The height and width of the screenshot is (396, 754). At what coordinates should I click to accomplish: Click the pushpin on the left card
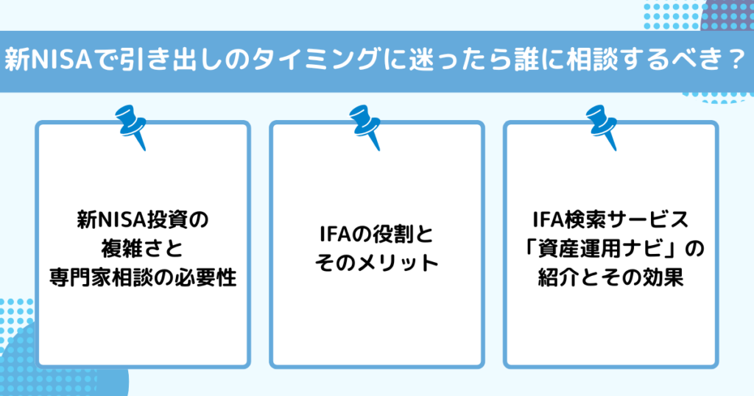click(131, 127)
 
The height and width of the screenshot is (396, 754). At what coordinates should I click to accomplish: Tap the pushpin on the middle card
click(365, 127)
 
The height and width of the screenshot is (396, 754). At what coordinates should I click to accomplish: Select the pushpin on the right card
click(602, 127)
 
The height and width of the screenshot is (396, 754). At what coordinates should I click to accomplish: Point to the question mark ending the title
click(734, 61)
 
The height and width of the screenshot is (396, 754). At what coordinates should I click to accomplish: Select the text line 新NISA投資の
click(143, 220)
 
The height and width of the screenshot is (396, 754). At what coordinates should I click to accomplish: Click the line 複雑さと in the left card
click(142, 249)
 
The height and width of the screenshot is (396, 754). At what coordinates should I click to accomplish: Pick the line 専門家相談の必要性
click(143, 277)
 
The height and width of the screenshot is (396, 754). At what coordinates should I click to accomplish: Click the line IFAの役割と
click(376, 235)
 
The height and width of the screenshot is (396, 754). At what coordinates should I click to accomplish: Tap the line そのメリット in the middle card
click(376, 264)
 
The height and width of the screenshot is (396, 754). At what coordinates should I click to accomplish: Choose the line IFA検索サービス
click(610, 220)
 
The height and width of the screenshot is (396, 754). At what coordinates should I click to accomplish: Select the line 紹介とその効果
click(610, 277)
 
